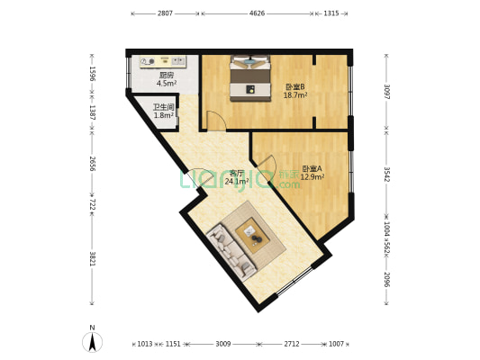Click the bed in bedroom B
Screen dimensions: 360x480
click(x=250, y=78)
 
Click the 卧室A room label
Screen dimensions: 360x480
click(x=312, y=168)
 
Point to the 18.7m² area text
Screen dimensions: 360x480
click(x=295, y=94)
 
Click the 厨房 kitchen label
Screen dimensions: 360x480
click(x=167, y=76)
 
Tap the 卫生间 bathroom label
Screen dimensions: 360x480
click(x=163, y=107)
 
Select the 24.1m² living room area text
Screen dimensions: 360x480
click(x=236, y=181)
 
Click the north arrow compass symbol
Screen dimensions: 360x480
click(x=92, y=341)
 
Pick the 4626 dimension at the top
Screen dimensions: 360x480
click(x=257, y=13)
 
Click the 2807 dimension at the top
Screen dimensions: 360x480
click(x=165, y=13)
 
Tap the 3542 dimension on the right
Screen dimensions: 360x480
click(x=386, y=174)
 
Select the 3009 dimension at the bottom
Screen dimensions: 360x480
click(x=222, y=344)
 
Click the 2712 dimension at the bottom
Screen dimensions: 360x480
click(x=292, y=344)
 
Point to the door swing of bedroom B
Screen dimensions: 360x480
click(x=215, y=121)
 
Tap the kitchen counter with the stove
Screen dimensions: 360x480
click(x=163, y=62)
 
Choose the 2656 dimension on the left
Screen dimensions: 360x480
click(x=92, y=163)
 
